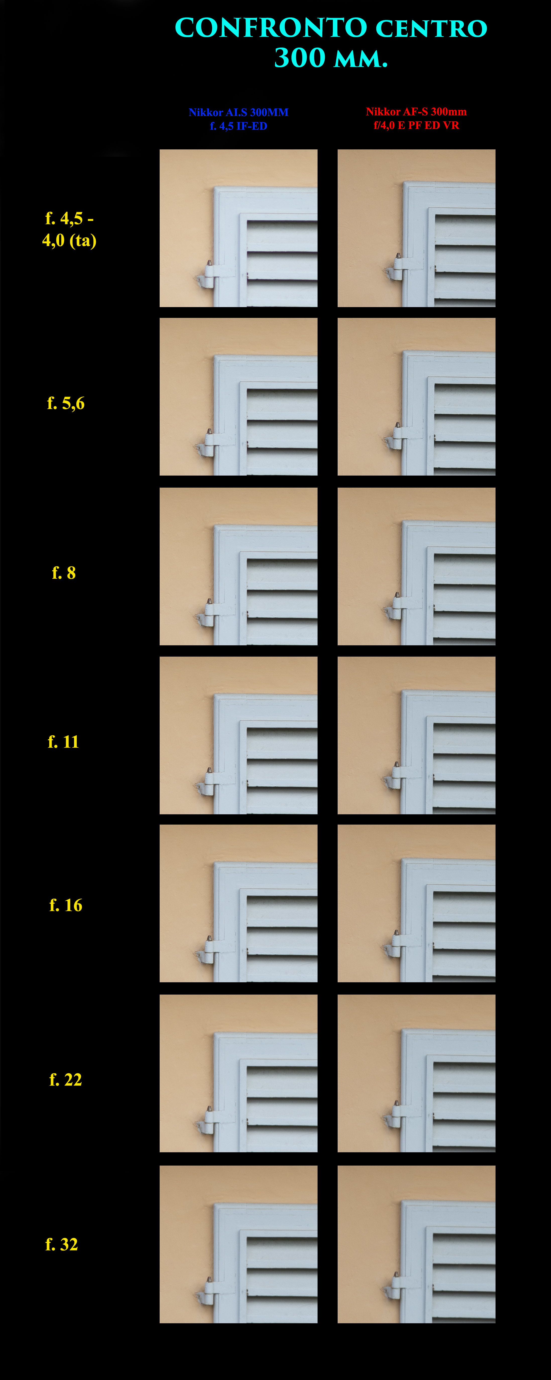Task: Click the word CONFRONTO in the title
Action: pos(271,28)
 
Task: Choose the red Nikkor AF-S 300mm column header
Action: pos(416,119)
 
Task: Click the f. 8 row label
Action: pos(64,573)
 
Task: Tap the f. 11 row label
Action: pos(63,741)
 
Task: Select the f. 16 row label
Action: pos(66,905)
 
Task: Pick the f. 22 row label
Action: pos(65,1079)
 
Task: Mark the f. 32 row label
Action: pos(62,1244)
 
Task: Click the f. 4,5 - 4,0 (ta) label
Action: pos(69,229)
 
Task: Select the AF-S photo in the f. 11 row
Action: pos(416,735)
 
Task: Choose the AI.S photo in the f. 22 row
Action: pos(238,1073)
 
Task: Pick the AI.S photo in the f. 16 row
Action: pos(238,903)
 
